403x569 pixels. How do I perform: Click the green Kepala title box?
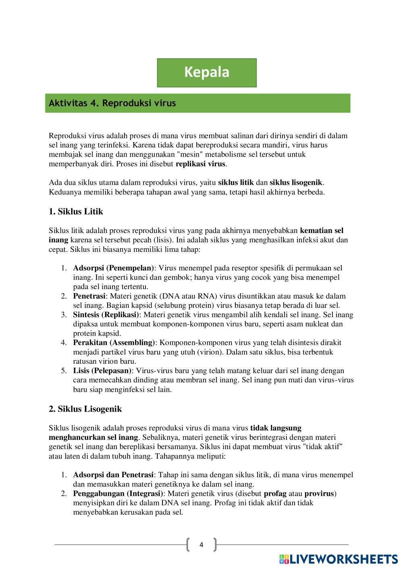point(207,72)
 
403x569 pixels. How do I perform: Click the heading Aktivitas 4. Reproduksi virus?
point(112,103)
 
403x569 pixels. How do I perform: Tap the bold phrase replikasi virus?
point(201,164)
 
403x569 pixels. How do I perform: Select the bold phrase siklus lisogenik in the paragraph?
point(296,182)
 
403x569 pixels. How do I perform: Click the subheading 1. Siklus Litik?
point(76,211)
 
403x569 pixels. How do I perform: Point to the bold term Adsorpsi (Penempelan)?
point(114,268)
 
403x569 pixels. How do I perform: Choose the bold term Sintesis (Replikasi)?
point(106,314)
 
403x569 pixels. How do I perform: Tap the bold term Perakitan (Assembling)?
point(114,342)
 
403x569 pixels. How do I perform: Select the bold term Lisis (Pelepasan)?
point(102,370)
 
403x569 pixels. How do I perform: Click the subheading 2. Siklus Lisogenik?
point(85,409)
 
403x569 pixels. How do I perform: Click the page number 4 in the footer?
point(201,545)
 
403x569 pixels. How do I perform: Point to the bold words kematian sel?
point(322,231)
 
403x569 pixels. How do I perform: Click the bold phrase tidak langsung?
point(276,428)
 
